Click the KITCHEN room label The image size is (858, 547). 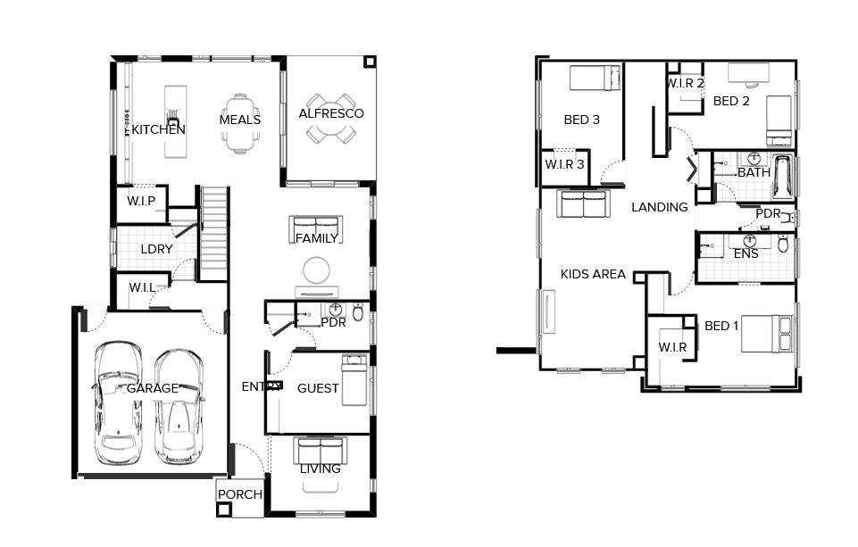point(159,129)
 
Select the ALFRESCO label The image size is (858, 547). point(330,113)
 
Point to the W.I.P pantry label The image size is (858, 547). point(141,201)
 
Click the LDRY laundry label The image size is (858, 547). point(156,249)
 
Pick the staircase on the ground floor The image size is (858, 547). point(214,232)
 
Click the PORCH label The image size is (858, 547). point(240,494)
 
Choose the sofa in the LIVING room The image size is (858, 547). point(320,448)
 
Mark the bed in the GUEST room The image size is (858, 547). point(354,379)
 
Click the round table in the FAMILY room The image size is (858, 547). point(317,269)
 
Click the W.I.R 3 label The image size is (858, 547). point(564,164)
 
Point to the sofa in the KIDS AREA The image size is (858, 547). point(582,204)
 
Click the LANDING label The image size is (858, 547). point(660,207)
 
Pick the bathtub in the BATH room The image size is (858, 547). point(783,177)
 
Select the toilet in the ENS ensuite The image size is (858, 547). point(783,244)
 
